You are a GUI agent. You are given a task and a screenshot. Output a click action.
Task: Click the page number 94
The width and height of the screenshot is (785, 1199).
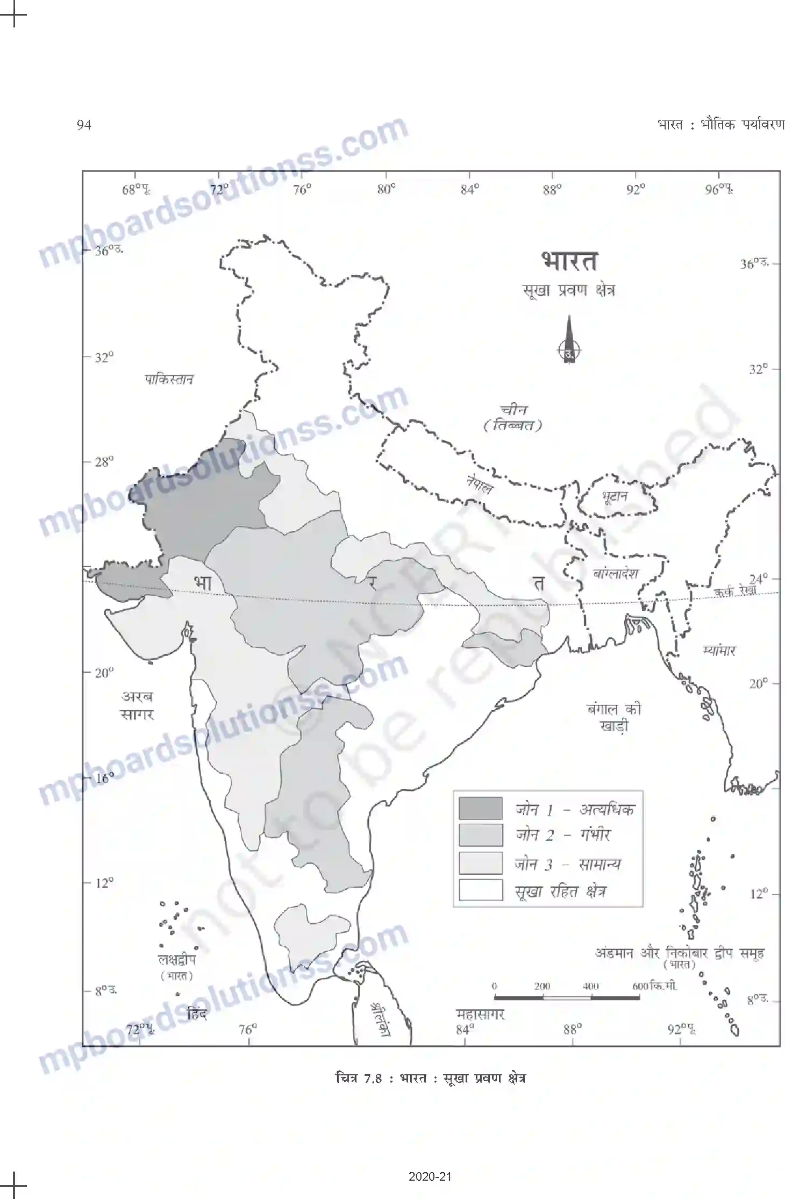click(84, 125)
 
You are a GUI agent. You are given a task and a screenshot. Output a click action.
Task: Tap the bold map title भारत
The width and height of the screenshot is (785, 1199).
click(569, 261)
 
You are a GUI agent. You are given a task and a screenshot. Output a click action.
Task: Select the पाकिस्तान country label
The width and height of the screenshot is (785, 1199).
click(169, 380)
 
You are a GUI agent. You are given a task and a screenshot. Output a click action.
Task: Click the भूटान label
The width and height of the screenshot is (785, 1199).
click(615, 496)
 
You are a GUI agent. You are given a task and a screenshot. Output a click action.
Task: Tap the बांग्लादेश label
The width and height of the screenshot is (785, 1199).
click(615, 573)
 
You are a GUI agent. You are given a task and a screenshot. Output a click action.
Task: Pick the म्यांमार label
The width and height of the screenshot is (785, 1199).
click(718, 651)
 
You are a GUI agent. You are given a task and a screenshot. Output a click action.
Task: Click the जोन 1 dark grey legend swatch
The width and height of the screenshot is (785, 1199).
click(480, 809)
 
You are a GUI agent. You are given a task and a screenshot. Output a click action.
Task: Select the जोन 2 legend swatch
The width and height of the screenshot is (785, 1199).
click(480, 835)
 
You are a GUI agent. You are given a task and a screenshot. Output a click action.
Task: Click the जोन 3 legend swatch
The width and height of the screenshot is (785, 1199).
click(480, 863)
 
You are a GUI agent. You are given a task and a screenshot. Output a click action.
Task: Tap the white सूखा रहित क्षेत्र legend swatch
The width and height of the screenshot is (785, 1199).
click(480, 890)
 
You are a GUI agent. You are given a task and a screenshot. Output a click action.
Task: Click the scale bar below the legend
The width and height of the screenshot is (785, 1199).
click(566, 997)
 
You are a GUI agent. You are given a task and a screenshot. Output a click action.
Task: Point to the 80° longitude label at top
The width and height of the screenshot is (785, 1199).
click(386, 189)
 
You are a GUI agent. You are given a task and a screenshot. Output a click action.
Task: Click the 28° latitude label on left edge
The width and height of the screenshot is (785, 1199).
click(104, 462)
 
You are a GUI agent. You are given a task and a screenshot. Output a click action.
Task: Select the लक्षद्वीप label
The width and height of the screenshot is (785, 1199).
click(176, 959)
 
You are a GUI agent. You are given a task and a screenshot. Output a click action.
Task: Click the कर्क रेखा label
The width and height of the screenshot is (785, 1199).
click(734, 591)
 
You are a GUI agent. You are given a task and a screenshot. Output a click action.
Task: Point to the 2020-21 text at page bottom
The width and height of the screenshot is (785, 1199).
click(430, 1176)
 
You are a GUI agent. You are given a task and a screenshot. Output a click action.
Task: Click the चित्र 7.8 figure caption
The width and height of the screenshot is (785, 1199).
click(430, 1078)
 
